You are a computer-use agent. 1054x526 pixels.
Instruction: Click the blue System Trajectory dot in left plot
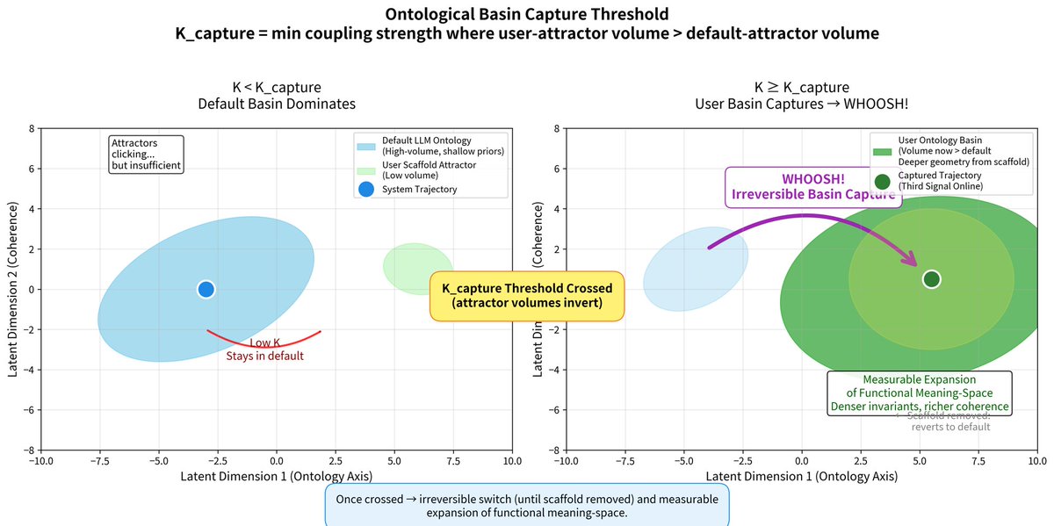coord(206,289)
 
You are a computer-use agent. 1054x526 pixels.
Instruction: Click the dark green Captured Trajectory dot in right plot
coord(931,279)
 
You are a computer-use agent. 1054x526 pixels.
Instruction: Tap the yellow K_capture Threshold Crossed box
coord(527,295)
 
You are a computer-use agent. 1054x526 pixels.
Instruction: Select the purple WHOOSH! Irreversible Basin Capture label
coord(813,187)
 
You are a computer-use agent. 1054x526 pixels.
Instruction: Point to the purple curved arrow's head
coord(914,263)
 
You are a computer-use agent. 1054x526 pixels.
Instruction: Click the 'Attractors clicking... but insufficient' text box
coord(146,154)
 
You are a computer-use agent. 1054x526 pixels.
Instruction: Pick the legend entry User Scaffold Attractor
coord(422,170)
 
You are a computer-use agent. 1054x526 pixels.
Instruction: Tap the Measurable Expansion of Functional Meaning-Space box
coord(920,393)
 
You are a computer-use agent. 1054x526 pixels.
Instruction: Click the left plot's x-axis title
coord(276,476)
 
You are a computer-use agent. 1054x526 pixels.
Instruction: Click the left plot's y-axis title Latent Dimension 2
coord(14,290)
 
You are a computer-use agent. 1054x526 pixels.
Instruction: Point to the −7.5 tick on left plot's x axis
coord(100,460)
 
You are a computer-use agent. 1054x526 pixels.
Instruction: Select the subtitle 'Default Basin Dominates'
coord(276,104)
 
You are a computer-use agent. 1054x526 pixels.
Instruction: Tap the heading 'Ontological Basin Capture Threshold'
coord(526,16)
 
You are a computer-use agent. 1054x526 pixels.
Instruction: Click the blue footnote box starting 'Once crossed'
coord(527,506)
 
